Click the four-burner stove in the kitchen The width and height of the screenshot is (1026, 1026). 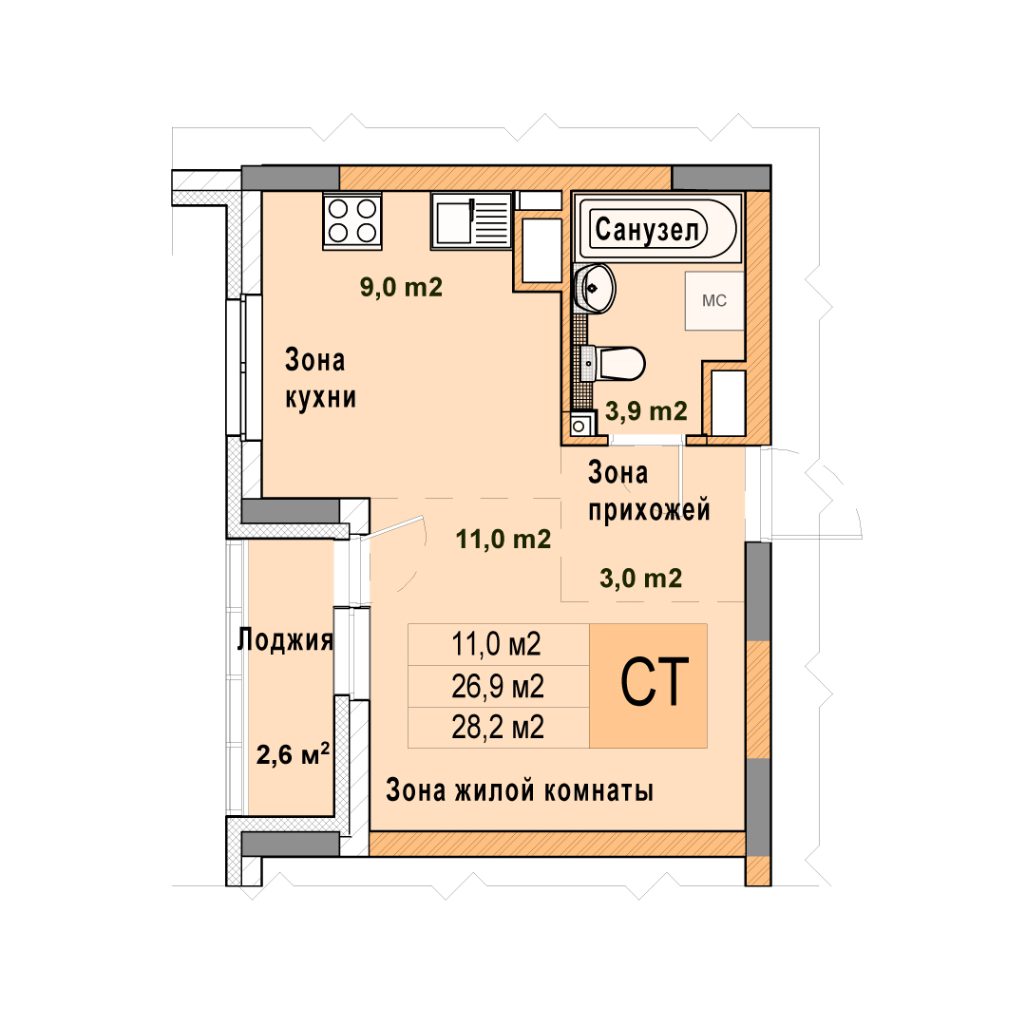coord(352,220)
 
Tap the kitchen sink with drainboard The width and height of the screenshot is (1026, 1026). coord(470,220)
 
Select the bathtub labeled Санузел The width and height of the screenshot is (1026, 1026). coord(657,228)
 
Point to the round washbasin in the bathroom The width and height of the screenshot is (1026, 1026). coord(594,288)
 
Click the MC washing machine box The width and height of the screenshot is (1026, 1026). coord(714,300)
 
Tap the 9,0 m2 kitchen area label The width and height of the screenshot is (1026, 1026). coord(401,287)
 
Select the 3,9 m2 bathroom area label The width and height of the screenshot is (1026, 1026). coord(646,411)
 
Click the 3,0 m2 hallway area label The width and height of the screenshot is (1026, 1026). coord(640,579)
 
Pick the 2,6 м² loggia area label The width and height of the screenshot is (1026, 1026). coord(292,754)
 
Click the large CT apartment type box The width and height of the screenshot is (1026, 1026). coord(648,685)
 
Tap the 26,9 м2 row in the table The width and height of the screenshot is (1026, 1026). coord(498,687)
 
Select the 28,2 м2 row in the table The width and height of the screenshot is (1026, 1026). coord(498,728)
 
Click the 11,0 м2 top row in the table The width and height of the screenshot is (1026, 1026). coord(498,644)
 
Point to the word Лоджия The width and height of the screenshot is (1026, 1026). coord(285,640)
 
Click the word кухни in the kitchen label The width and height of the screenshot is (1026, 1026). coord(321,398)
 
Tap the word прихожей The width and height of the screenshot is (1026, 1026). coord(649,510)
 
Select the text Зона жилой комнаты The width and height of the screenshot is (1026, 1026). coord(520,790)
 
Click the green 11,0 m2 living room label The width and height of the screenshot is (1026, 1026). coord(503,540)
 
